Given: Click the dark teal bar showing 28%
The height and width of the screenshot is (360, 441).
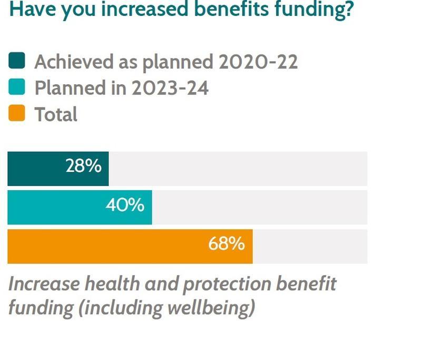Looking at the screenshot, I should pos(58,169).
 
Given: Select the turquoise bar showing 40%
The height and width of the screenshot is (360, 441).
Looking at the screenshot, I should pos(79,207).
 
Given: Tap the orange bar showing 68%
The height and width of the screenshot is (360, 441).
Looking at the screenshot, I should pos(130,246).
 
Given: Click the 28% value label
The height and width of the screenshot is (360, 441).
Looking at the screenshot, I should pos(83,167).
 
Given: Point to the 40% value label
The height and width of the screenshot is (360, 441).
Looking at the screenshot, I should pos(125,205).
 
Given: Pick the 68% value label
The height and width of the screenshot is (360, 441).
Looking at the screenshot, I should pos(226,244).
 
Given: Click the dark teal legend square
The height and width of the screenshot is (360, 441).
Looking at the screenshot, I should pos(17,62).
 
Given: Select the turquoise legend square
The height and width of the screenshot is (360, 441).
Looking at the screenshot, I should pos(17,87).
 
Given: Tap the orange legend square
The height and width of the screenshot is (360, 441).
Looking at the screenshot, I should pos(17,114).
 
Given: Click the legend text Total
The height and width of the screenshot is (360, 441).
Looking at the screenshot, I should pos(56,114).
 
